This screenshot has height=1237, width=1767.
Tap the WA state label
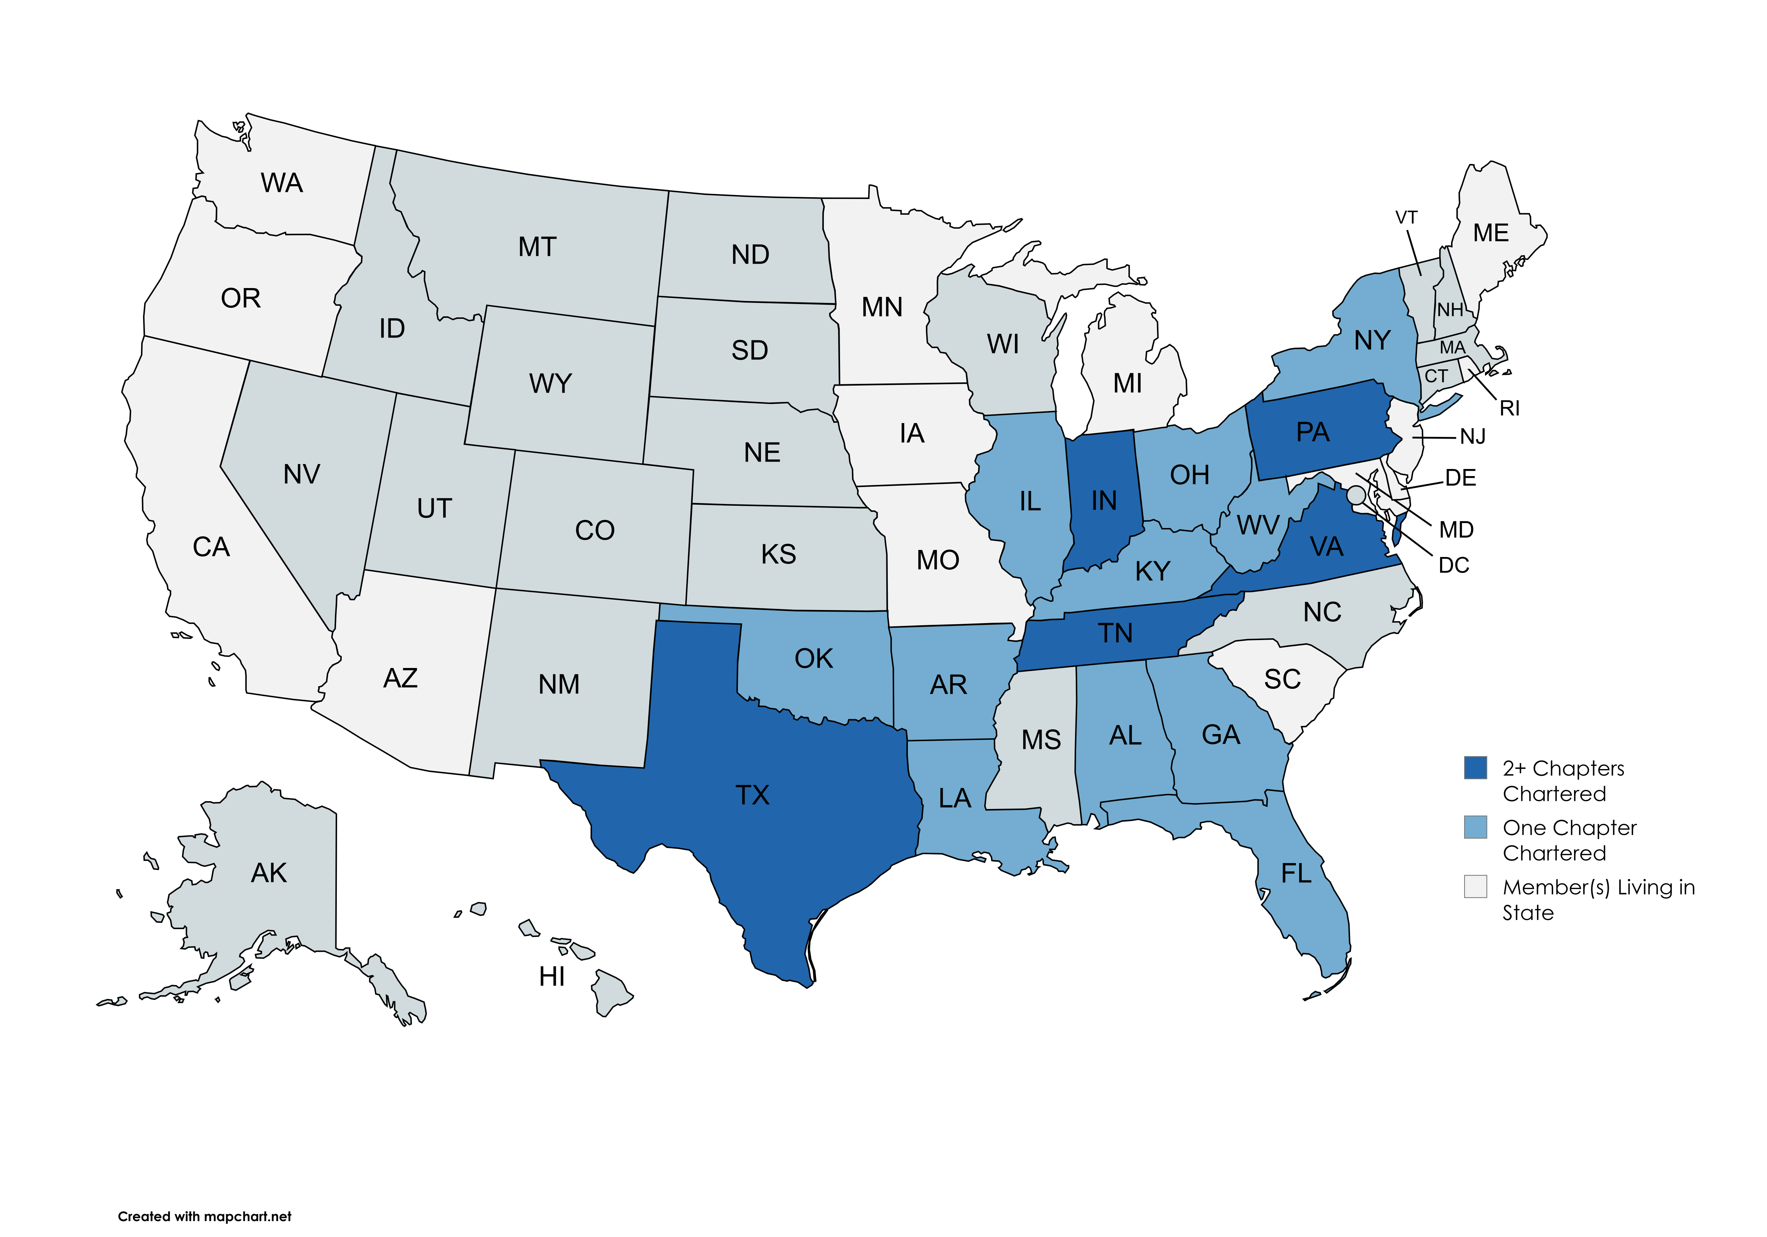282,183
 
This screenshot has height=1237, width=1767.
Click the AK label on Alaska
269,873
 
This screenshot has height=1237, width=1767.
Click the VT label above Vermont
1406,218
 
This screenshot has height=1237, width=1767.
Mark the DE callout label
1460,478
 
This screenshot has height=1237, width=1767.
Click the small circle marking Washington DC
1356,494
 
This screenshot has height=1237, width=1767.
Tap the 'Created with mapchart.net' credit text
205,1216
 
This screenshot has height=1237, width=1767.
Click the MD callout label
1456,529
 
